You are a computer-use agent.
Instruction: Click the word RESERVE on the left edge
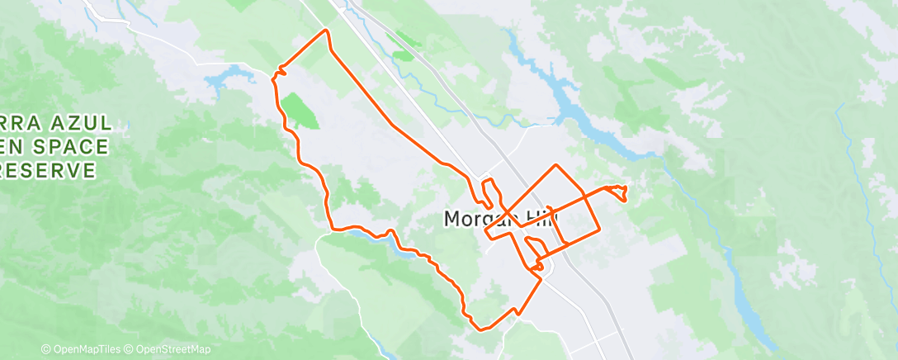tap(50, 170)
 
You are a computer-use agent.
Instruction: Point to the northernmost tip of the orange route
tap(326, 31)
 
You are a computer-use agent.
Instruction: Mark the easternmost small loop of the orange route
tap(620, 193)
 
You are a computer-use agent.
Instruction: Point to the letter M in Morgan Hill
tap(453, 219)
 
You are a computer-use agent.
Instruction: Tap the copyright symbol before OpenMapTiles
tap(45, 349)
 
